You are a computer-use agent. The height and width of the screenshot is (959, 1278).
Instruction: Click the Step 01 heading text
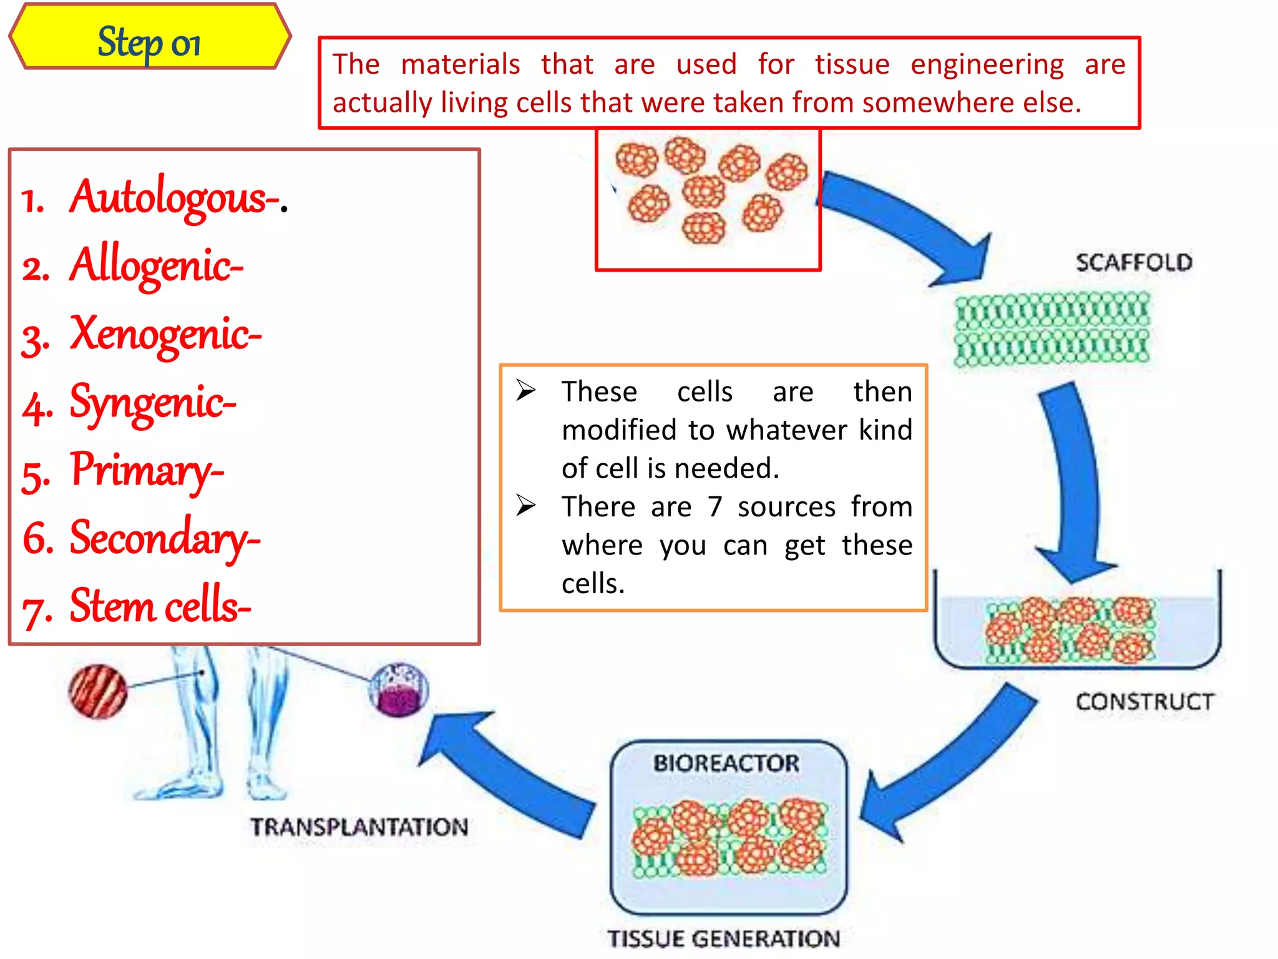149,42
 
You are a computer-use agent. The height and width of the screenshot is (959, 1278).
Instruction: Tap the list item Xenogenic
165,335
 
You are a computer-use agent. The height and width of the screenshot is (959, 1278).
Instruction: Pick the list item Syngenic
152,403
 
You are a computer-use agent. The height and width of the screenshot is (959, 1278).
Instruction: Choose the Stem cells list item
160,606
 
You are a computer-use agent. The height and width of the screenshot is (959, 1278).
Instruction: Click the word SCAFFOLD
1133,263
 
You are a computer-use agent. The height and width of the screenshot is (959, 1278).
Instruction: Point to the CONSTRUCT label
1144,702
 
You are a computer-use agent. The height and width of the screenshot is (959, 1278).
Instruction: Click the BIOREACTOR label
726,763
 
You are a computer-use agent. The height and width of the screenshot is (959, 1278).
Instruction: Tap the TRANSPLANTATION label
359,827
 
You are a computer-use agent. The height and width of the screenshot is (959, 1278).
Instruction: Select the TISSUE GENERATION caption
724,938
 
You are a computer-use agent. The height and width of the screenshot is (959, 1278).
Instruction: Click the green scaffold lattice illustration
1052,328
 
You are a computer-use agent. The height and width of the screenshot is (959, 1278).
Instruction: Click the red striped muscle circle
98,691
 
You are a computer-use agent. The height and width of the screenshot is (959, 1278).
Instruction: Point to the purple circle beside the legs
399,690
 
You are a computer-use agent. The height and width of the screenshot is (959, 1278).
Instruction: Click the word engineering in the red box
987,64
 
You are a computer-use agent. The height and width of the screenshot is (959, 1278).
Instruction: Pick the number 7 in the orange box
715,506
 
